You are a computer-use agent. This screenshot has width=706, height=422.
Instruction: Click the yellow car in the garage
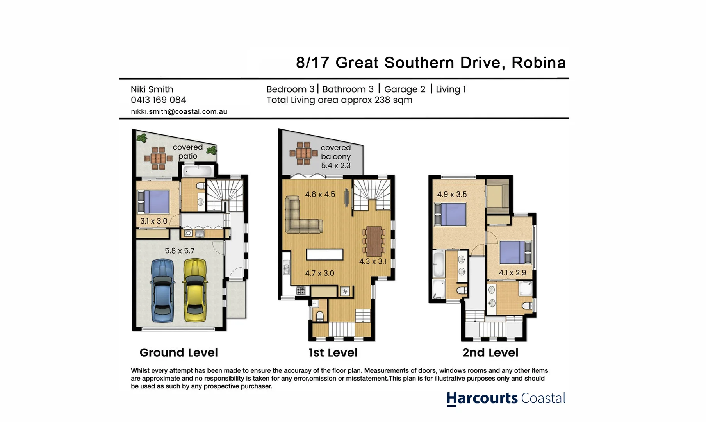coord(195,290)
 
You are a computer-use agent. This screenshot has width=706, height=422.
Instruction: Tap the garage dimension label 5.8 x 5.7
coord(179,251)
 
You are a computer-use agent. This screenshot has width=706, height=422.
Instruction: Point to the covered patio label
coord(188,152)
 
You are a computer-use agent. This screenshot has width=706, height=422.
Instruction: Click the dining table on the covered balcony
coord(303,153)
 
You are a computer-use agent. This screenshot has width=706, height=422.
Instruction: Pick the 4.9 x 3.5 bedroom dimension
coord(452,194)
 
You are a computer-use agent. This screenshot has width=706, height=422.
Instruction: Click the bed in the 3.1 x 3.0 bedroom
coord(153,202)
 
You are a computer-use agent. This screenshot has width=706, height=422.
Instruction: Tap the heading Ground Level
coord(178,352)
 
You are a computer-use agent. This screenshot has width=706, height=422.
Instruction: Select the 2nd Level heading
coord(490,352)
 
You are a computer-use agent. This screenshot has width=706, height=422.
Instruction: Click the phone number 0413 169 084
coord(159,100)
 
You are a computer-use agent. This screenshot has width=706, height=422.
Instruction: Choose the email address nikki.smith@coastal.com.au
coord(179,112)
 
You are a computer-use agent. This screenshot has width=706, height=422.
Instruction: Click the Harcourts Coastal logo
coord(506,399)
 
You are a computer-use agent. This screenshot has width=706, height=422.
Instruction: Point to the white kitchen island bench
coord(324,254)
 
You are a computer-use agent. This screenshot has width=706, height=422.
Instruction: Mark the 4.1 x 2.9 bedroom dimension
coord(512,273)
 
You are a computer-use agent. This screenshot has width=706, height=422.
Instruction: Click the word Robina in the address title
coord(538,63)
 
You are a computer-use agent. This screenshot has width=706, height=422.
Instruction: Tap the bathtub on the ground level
coord(198,171)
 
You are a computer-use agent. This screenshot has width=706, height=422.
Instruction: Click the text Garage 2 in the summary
coord(405,89)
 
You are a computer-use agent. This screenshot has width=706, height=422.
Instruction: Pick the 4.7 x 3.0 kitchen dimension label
coord(319,273)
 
